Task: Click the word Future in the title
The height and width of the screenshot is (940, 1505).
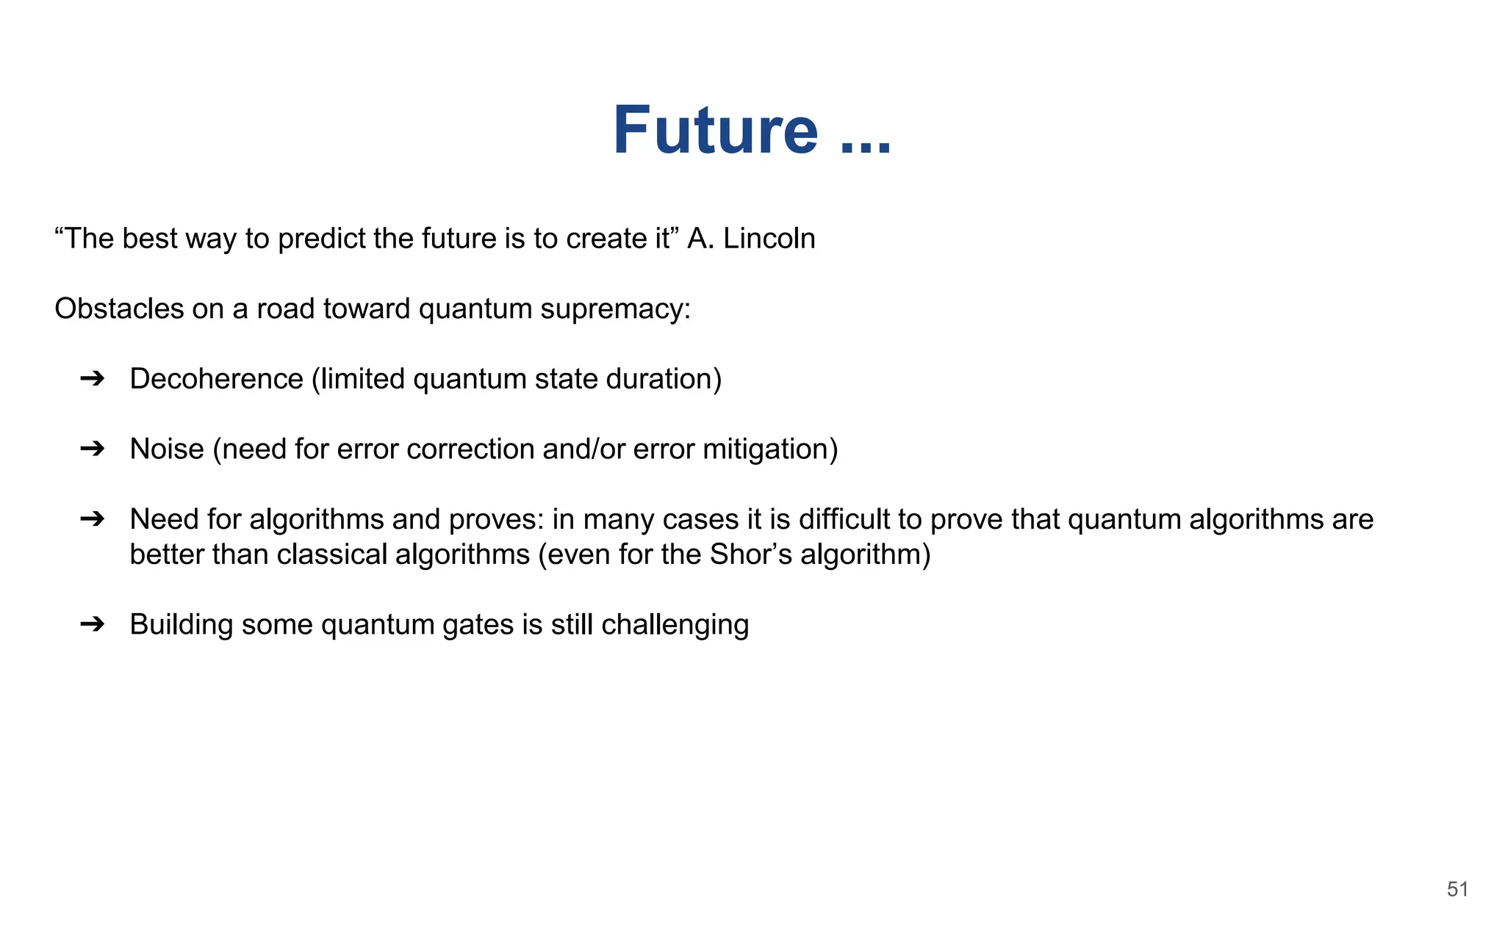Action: (715, 131)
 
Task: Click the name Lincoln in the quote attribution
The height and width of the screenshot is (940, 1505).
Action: (769, 239)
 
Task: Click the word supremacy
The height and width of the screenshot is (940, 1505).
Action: (615, 309)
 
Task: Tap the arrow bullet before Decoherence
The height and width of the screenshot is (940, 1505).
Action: (93, 379)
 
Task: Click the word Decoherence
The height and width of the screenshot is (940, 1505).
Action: (216, 379)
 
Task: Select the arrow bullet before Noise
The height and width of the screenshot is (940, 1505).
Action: (93, 449)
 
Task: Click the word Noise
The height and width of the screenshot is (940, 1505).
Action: (167, 449)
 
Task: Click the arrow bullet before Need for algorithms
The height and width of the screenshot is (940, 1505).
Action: (93, 519)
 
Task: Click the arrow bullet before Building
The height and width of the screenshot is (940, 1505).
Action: (93, 624)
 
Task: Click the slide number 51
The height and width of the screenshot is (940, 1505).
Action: (1457, 889)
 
